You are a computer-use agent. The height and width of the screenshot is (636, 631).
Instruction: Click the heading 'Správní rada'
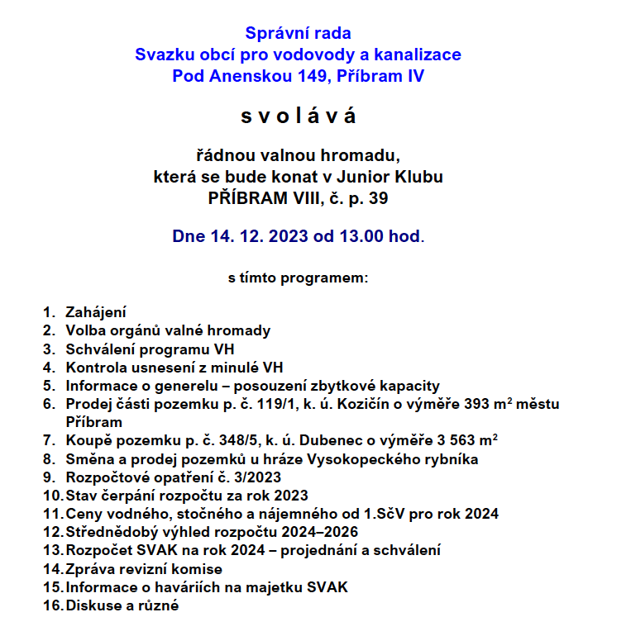pos(298,33)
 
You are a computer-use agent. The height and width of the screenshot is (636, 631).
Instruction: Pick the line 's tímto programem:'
pos(298,278)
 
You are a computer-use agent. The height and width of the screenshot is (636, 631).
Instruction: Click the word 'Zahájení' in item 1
pos(96,312)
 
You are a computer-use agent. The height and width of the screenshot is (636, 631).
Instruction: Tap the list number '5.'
pos(49,386)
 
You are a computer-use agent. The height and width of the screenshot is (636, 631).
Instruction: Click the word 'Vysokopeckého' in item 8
pos(351,458)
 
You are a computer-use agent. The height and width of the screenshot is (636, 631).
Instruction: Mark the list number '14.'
pos(52,569)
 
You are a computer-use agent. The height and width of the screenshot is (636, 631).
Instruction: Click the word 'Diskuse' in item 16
pos(93,605)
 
